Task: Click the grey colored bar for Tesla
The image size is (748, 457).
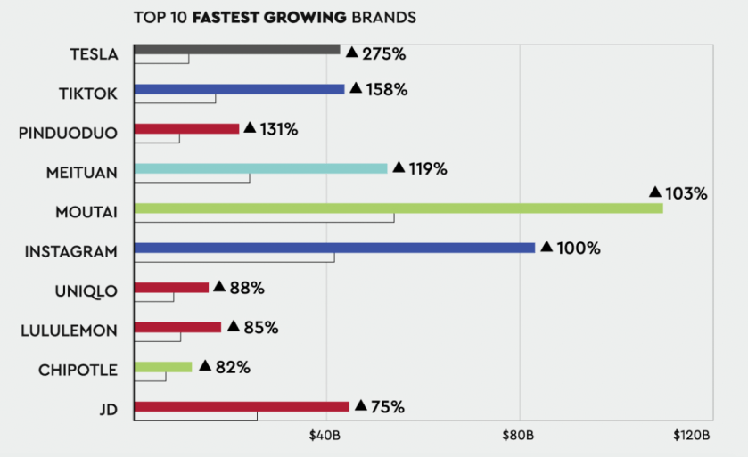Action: [x=236, y=49]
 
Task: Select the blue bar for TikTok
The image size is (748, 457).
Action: [x=239, y=89]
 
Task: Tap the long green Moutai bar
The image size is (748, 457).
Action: [x=398, y=208]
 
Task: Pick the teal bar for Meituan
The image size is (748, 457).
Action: [x=260, y=168]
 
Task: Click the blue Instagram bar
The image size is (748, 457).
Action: [x=334, y=248]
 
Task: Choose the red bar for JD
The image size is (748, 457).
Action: [x=241, y=406]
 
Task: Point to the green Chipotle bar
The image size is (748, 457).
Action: [x=162, y=366]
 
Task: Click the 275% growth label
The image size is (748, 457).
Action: [x=384, y=54]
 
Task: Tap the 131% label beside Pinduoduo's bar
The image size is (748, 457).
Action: [x=279, y=129]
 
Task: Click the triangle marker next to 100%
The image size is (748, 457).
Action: [x=547, y=247]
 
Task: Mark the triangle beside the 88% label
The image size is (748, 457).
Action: [x=219, y=287]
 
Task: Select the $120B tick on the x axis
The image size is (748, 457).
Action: [x=691, y=436]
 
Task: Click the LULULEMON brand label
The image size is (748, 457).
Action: [x=69, y=331]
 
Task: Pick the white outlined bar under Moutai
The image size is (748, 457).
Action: [x=264, y=218]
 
